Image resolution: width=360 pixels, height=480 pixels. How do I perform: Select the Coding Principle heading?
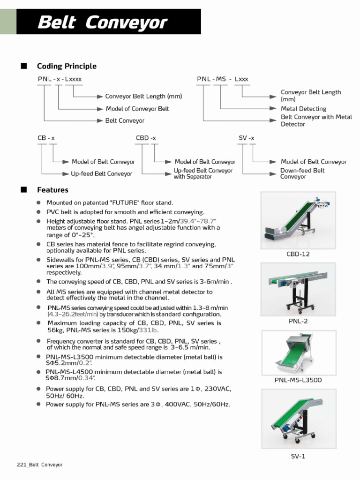point(67,66)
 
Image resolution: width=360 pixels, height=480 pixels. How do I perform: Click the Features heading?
point(52,190)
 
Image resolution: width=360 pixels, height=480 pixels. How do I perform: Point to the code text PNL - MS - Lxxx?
point(223,79)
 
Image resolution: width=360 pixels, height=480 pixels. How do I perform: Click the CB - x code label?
point(46,138)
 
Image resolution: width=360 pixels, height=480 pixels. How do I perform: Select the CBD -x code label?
point(146,138)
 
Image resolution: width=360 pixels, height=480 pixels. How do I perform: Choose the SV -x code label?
point(247,138)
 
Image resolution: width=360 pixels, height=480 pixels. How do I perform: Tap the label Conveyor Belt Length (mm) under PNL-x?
point(143,97)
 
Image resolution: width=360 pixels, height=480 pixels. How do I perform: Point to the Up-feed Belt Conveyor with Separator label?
point(203,174)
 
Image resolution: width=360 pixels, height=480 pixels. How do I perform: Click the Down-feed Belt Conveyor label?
point(302,173)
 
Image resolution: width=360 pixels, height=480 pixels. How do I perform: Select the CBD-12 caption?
point(298,254)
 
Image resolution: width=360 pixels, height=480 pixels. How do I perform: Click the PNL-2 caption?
point(298,321)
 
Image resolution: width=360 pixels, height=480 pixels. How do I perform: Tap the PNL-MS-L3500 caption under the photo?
point(298,380)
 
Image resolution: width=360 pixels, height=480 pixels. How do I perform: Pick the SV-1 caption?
point(298,456)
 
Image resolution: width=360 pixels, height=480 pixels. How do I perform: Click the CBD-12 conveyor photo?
point(298,220)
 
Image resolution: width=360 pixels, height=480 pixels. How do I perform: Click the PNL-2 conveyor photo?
point(298,289)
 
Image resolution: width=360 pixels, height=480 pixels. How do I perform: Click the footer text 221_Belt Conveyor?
point(39,465)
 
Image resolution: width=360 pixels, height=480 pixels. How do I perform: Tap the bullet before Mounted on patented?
point(39,202)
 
